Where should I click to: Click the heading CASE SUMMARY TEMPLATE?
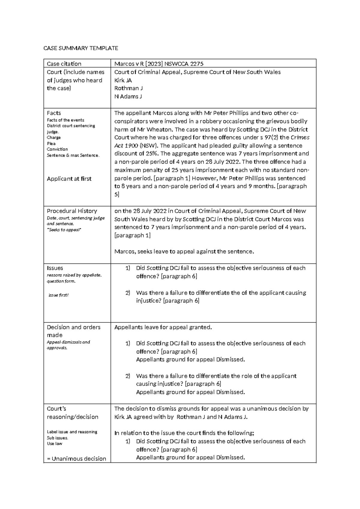pos(81,48)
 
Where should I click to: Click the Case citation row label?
pos(64,64)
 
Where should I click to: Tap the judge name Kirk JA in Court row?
pos(123,80)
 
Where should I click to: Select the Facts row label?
pos(54,113)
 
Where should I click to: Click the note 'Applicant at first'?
pos(69,179)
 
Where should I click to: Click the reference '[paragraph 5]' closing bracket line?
pos(117,194)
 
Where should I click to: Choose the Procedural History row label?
pos(72,211)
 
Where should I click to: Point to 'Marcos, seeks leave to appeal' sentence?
pos(184,251)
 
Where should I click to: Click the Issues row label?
pos(55,268)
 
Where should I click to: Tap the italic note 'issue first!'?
pos(58,295)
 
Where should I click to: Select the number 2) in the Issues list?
pos(128,293)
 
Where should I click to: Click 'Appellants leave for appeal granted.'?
pos(163,327)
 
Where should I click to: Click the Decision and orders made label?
pos(73,331)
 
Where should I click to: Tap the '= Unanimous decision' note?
pos(76,459)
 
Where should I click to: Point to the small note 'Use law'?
pos(55,444)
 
